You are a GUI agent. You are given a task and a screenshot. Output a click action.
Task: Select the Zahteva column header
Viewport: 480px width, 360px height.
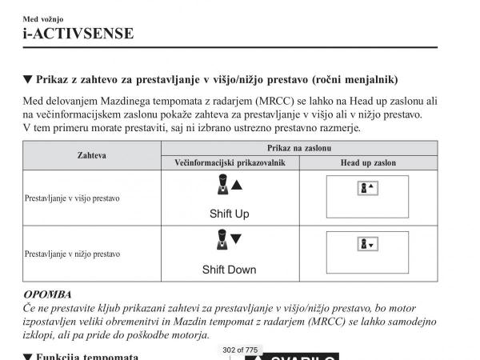tap(92, 155)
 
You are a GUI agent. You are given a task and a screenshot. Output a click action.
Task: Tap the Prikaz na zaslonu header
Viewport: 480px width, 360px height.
tap(299, 149)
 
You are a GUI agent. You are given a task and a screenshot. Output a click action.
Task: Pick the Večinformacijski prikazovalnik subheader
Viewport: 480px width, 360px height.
tap(230, 162)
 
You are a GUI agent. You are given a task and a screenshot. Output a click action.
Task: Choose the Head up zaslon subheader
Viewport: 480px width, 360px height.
tap(368, 162)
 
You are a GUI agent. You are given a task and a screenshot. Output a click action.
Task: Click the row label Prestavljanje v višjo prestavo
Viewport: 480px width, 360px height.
tap(72, 198)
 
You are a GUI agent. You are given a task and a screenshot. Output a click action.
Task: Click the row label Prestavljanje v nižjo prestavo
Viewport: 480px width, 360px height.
tap(72, 254)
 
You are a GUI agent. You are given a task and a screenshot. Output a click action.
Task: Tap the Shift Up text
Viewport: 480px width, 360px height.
tap(230, 214)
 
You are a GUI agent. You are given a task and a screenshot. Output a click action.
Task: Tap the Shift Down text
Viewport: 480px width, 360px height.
tap(230, 270)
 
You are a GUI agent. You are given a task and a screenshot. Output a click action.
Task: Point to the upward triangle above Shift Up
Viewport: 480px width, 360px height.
tap(237, 186)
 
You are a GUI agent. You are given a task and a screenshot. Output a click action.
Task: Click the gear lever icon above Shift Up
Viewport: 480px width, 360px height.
tap(222, 187)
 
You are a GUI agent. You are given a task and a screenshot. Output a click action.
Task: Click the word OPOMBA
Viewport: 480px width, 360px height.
tap(47, 294)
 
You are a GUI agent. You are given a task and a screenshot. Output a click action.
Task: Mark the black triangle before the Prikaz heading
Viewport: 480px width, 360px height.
tap(28, 79)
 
